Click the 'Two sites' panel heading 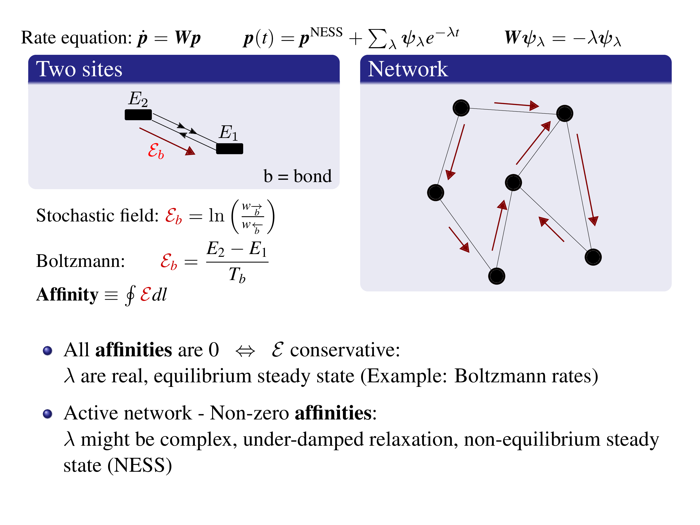pos(79,69)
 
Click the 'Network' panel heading pos(408,69)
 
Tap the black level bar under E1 pos(230,149)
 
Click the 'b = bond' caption pos(297,176)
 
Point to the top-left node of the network pos(461,108)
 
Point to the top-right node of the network pos(565,113)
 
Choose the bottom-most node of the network pos(496,276)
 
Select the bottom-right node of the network pos(593,257)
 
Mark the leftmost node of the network pos(435,192)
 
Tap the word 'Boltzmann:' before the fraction pos(80,261)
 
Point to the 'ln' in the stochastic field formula pos(216,216)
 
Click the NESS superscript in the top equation pos(326,32)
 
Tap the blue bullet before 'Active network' pos(47,414)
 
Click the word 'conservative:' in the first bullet pos(345,350)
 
